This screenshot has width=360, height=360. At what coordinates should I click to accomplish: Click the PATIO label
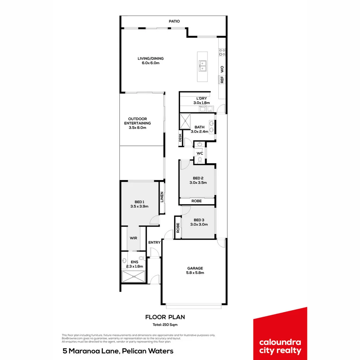pyautogui.click(x=174, y=21)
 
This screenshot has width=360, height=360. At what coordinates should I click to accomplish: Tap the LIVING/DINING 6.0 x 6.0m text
pyautogui.click(x=151, y=61)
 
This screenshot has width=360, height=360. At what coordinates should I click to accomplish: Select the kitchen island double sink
pyautogui.click(x=203, y=66)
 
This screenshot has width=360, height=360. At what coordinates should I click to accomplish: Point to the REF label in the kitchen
pyautogui.click(x=222, y=80)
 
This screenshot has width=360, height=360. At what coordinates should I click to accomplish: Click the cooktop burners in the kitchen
pyautogui.click(x=222, y=52)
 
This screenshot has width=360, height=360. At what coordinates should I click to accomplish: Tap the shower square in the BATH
pyautogui.click(x=185, y=121)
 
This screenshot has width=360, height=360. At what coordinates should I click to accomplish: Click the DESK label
pyautogui.click(x=180, y=138)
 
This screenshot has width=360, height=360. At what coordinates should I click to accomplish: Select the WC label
pyautogui.click(x=200, y=153)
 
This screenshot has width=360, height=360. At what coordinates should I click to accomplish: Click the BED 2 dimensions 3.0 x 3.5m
pyautogui.click(x=198, y=183)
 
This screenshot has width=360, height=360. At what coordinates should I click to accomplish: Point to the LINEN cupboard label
pyautogui.click(x=162, y=197)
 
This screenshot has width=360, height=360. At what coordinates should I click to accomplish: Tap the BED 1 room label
pyautogui.click(x=139, y=202)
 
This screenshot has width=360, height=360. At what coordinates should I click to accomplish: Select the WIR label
pyautogui.click(x=133, y=238)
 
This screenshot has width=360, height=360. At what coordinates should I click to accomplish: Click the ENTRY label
pyautogui.click(x=154, y=242)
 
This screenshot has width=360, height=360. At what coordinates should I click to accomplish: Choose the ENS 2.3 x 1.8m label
pyautogui.click(x=134, y=264)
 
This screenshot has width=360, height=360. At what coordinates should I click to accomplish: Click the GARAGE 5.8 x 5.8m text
pyautogui.click(x=195, y=270)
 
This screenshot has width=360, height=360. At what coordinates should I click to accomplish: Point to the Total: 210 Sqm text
pyautogui.click(x=165, y=325)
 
